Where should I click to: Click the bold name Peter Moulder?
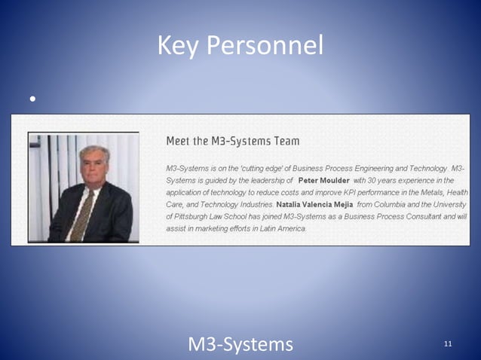(x=323, y=181)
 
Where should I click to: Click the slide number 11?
(x=448, y=344)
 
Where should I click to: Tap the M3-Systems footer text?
(x=240, y=344)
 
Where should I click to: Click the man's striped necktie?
(x=82, y=214)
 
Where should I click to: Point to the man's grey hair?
(x=93, y=151)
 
